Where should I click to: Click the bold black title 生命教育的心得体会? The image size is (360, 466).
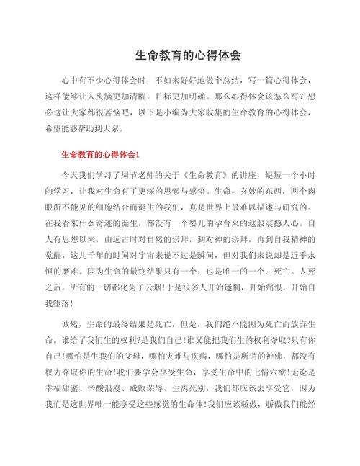click(188, 55)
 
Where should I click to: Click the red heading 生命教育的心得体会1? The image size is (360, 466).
click(106, 155)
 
